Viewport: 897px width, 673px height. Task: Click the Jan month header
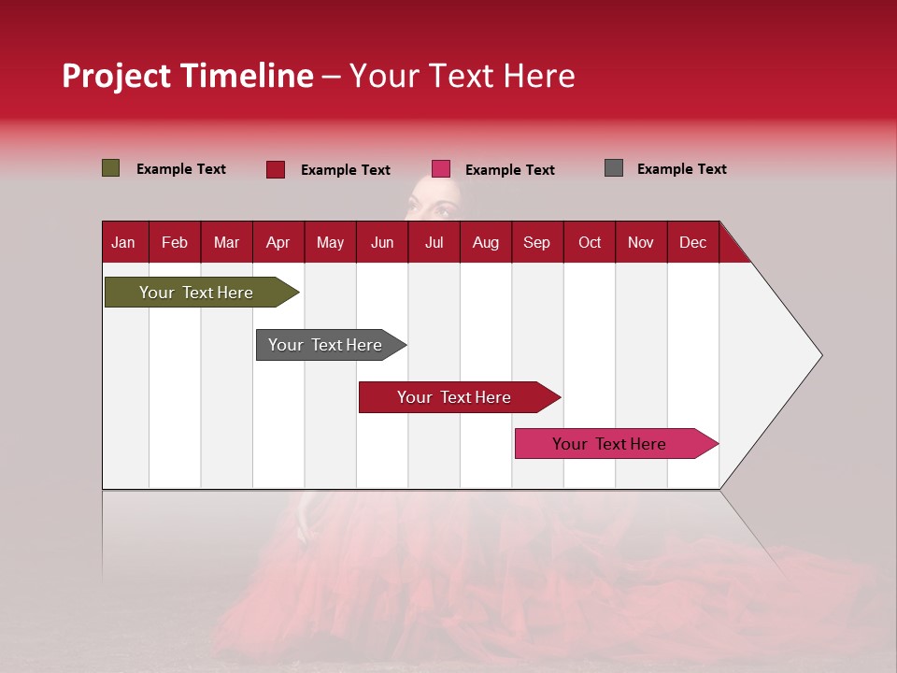(x=123, y=242)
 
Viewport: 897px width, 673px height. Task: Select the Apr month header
(x=278, y=242)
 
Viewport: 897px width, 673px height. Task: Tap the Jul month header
(x=434, y=242)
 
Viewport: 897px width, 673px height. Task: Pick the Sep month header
(x=536, y=242)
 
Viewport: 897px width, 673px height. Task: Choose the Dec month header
(x=692, y=242)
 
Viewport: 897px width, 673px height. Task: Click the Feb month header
(x=175, y=242)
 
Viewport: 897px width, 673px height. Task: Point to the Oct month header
(x=590, y=242)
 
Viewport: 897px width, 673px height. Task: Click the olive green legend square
(x=111, y=168)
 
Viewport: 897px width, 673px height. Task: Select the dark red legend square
(x=276, y=169)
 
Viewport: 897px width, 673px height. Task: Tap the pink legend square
(x=441, y=169)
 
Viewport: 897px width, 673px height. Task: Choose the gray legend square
(x=614, y=168)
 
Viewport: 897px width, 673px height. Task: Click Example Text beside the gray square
(x=681, y=169)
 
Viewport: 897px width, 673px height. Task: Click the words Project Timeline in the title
(x=188, y=76)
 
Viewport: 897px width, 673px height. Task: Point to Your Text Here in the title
(x=462, y=76)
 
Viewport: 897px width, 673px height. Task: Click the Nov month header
(x=640, y=242)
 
